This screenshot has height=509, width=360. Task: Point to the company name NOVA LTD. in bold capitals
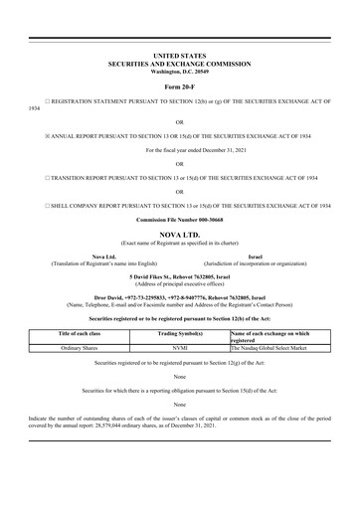pyautogui.click(x=179, y=235)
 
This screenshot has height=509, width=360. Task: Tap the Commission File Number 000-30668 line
pyautogui.click(x=179, y=222)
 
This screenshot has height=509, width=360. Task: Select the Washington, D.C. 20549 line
pyautogui.click(x=179, y=73)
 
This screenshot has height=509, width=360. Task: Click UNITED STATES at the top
pyautogui.click(x=179, y=57)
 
